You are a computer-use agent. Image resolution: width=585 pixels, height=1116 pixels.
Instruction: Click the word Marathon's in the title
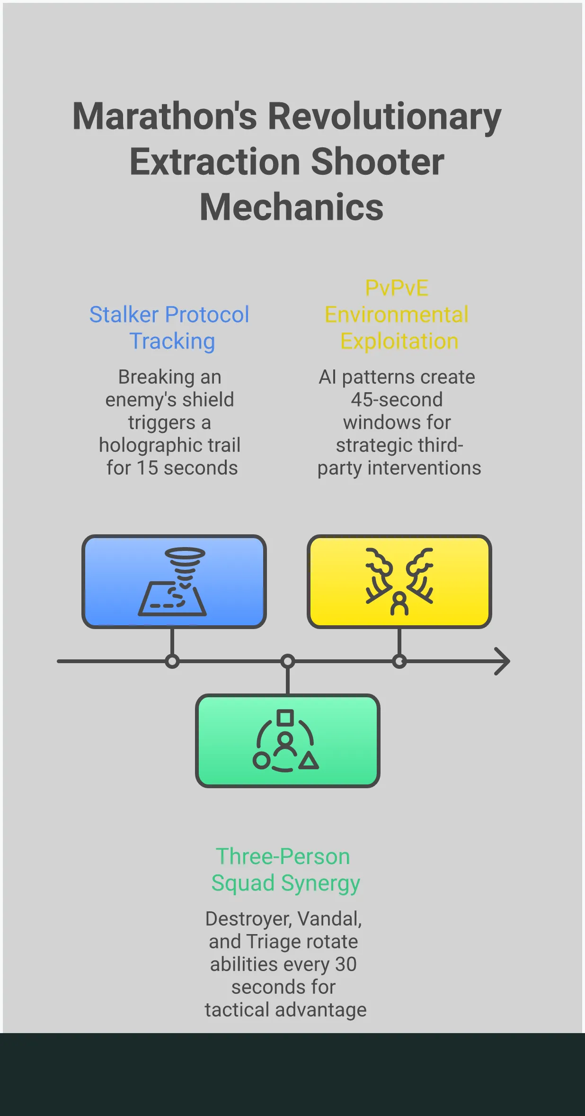[165, 117]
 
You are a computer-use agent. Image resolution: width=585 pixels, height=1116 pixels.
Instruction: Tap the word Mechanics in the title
[292, 207]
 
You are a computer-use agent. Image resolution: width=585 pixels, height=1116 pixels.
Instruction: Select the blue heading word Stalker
[124, 315]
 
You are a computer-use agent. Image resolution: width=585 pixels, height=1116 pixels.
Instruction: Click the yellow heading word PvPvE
[397, 288]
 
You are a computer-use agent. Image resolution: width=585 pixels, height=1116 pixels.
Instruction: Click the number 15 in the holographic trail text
[147, 468]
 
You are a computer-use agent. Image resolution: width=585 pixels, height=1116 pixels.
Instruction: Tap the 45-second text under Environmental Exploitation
[397, 400]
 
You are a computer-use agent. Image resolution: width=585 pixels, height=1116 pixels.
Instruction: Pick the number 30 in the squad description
[346, 964]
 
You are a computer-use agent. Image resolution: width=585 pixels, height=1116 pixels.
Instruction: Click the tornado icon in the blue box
[185, 566]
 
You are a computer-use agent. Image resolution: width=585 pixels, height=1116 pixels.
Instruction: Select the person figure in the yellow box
[399, 604]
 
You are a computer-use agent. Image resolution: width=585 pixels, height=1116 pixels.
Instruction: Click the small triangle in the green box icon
[309, 761]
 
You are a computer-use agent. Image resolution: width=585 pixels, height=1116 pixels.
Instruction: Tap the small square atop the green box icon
[285, 718]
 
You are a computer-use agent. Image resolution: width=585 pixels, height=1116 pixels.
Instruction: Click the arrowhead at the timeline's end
[503, 661]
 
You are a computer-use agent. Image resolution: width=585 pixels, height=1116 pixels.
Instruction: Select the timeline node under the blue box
[172, 661]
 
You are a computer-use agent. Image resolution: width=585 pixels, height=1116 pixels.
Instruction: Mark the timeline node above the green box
[288, 661]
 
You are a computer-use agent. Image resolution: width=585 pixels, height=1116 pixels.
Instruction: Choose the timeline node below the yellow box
[399, 661]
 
